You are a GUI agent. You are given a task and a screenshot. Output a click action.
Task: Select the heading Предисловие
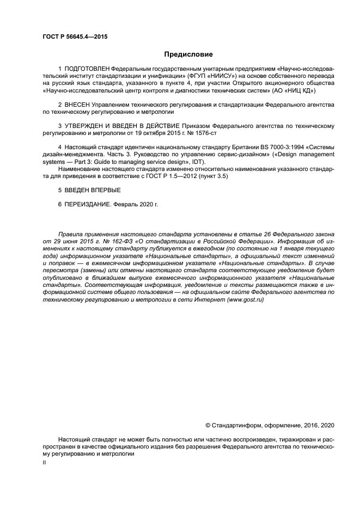pos(188,54)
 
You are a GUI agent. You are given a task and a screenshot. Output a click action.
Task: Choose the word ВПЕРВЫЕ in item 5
pos(103,190)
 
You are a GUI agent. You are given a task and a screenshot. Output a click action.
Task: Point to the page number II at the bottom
pos(45,462)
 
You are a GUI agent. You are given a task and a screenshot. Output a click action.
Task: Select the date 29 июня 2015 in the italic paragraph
pos(72,240)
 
